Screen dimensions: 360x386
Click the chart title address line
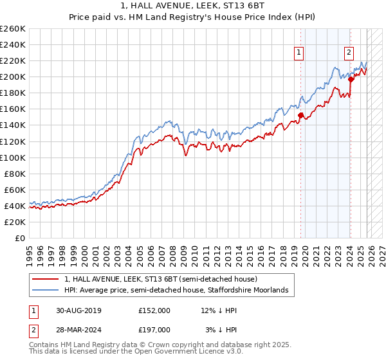[x=193, y=6]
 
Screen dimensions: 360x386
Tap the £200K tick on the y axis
[x=13, y=76]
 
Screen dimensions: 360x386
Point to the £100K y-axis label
[x=13, y=157]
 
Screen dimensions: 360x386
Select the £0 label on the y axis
[x=21, y=238]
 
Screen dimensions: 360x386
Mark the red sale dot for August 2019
[x=300, y=116]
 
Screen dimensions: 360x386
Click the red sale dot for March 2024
[x=351, y=79]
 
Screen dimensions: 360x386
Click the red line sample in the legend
[x=46, y=280]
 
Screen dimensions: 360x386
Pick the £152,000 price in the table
[x=154, y=310]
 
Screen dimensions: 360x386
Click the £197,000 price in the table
[x=154, y=329]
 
